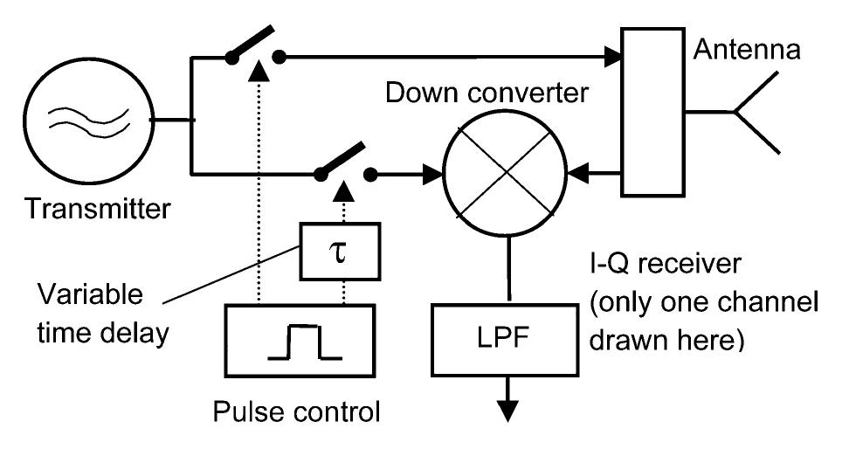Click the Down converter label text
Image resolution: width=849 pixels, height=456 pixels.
[500, 93]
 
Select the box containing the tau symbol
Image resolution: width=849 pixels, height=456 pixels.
[328, 252]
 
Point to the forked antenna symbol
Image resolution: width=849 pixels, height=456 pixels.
[753, 113]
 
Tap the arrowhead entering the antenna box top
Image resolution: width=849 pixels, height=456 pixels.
[613, 59]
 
